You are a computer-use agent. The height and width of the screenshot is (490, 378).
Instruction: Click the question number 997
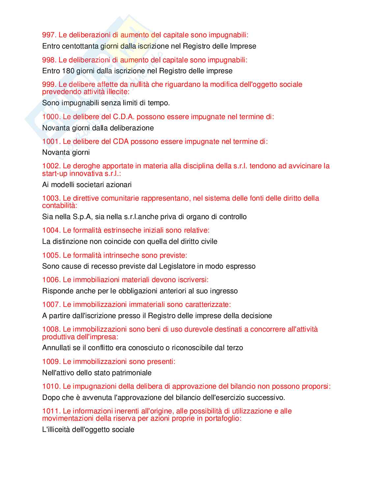click(49, 35)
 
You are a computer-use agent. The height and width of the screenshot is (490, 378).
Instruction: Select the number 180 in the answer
click(68, 71)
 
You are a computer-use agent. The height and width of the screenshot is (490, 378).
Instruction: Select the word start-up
click(55, 174)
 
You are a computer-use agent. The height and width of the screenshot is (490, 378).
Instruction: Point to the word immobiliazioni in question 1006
click(96, 280)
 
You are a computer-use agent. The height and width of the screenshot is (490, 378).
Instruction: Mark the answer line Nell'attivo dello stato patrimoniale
click(97, 373)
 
